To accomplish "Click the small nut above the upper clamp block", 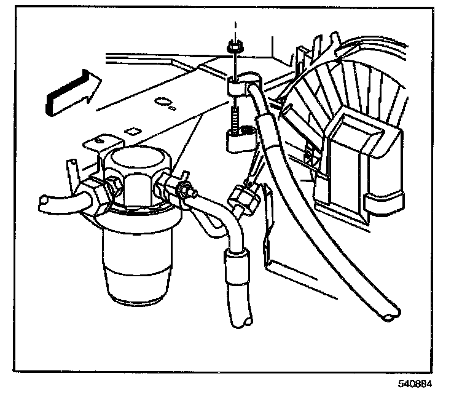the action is [x=233, y=47].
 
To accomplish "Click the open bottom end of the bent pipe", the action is [x=243, y=319].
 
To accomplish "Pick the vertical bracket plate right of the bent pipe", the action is [x=268, y=234].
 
